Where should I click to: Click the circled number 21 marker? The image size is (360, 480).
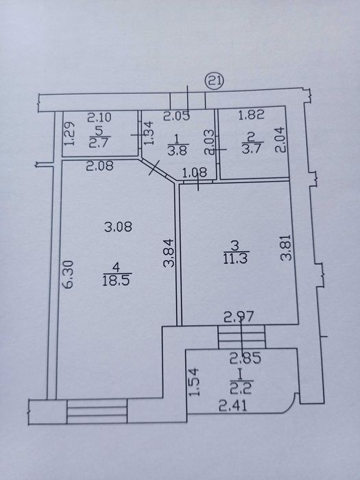click(215, 81)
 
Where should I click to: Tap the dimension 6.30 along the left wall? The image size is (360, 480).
click(68, 274)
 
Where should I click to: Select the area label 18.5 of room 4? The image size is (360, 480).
click(117, 280)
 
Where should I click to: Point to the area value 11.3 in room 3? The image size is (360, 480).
click(236, 258)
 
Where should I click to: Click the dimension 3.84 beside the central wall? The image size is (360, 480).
click(169, 253)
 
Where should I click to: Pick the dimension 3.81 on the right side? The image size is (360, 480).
click(286, 248)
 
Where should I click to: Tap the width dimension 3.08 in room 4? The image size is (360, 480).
click(118, 227)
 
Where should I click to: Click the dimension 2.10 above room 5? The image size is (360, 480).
click(99, 117)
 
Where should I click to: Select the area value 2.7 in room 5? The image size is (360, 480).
click(99, 143)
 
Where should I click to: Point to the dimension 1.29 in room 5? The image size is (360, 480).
click(69, 134)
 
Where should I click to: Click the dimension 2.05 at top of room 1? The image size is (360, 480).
click(176, 117)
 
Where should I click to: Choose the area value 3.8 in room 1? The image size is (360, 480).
click(178, 150)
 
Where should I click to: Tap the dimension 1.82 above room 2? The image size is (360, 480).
click(252, 115)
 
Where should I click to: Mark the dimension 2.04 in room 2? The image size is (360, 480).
click(281, 140)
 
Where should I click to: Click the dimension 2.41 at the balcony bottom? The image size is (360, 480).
click(233, 407)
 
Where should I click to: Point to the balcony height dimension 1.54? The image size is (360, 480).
click(194, 382)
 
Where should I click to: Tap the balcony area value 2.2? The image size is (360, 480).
click(241, 389)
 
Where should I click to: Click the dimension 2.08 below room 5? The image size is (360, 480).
click(100, 166)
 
